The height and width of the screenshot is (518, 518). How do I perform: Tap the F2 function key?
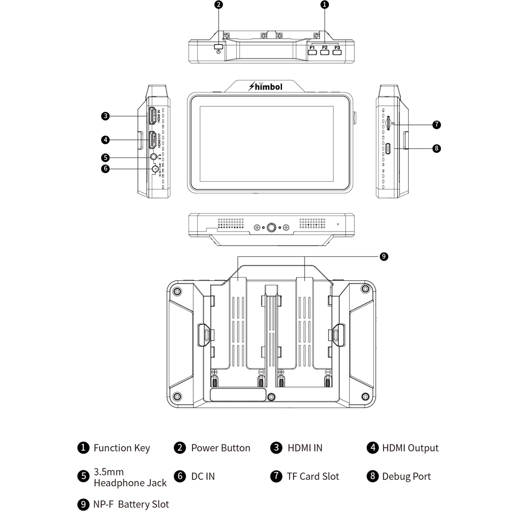click(325, 53)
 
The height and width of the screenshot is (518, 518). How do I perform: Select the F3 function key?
click(337, 53)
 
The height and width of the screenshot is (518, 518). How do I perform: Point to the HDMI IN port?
click(153, 116)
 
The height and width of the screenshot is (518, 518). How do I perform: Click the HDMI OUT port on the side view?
click(153, 140)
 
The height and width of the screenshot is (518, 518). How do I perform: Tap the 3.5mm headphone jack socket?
click(154, 157)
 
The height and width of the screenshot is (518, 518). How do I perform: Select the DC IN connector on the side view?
click(155, 168)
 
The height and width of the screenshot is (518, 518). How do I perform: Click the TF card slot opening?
click(389, 123)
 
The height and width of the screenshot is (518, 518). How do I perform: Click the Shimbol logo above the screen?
click(266, 87)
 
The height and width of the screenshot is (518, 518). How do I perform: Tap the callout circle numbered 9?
click(384, 256)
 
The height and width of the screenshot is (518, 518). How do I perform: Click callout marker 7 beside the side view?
click(437, 124)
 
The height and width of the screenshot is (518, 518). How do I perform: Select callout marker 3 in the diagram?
click(105, 116)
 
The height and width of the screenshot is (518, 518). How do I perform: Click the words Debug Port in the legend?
click(406, 477)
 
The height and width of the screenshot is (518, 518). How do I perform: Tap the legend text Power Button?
click(220, 448)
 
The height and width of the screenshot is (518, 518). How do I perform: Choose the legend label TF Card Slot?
click(313, 477)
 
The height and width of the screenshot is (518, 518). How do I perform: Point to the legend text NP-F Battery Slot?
click(131, 504)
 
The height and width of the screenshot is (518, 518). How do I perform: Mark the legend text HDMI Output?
click(410, 448)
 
